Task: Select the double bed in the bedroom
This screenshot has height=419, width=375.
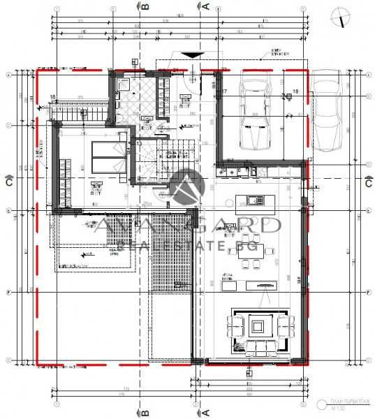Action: pos(108,156)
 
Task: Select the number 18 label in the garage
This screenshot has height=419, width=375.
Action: pos(295,91)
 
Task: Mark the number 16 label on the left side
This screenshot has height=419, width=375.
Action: pos(52,97)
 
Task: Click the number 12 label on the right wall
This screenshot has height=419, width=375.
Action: pos(309,160)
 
